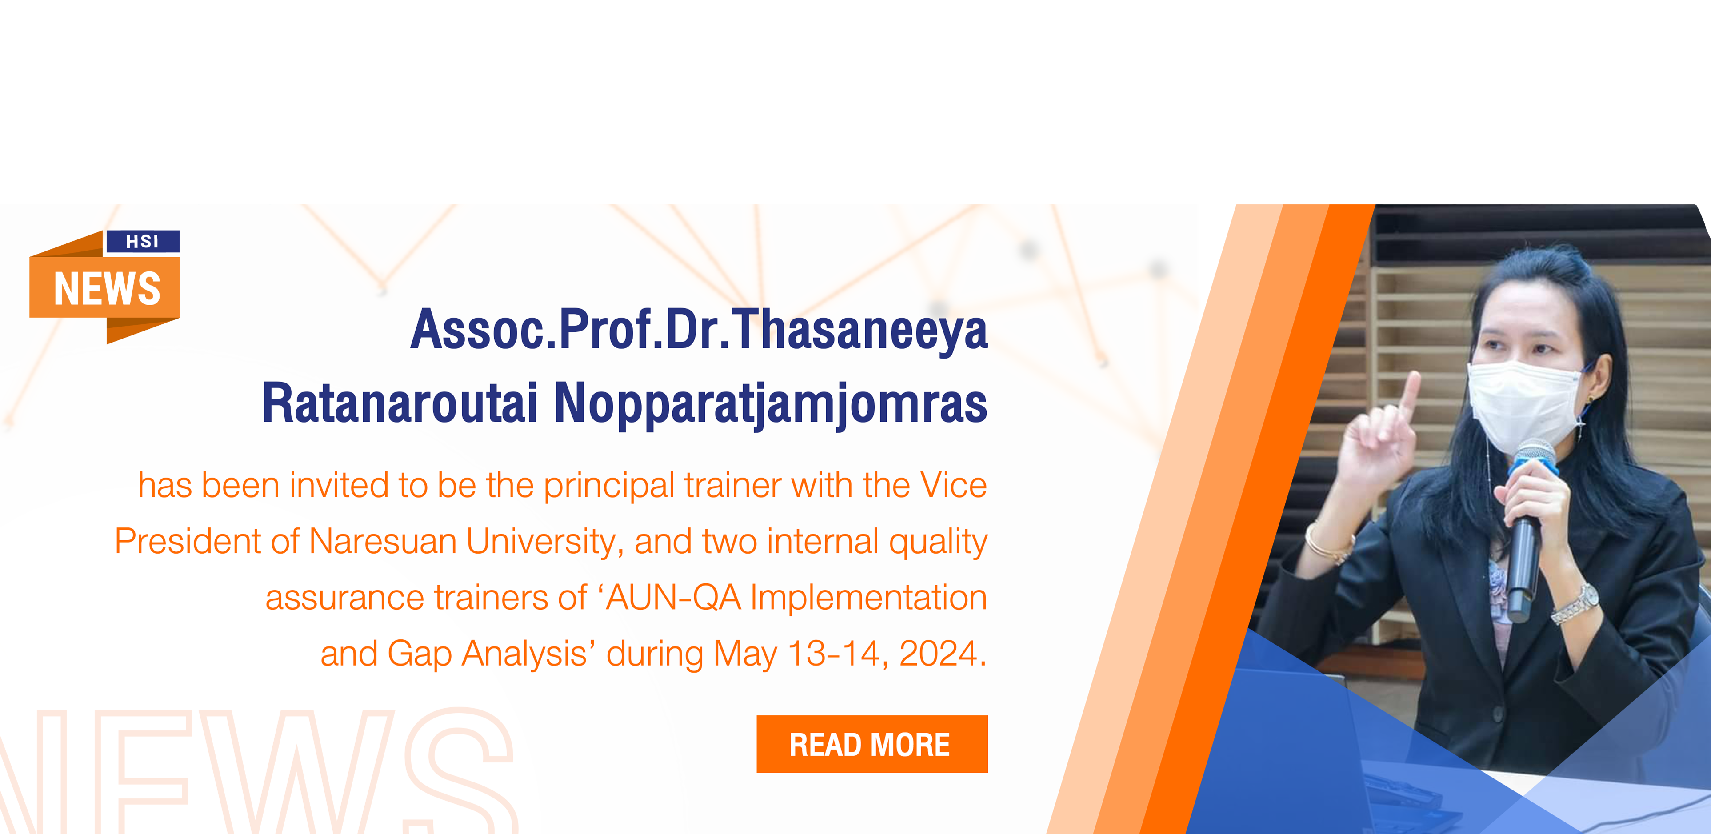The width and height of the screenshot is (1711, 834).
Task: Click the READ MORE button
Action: coord(872,744)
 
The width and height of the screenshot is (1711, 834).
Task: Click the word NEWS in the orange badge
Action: coord(107,289)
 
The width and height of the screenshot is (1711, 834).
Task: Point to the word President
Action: coord(187,541)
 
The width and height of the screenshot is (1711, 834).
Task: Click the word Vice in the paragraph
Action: coord(953,485)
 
